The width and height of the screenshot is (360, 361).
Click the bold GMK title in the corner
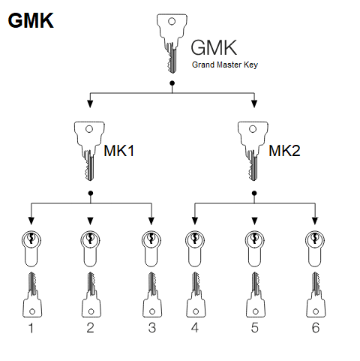coord(31,20)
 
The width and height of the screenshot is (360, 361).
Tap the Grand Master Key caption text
coord(225,65)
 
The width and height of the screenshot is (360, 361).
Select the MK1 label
coord(119,151)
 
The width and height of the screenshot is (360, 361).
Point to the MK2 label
coord(284,151)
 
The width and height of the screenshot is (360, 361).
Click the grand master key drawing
coord(172,44)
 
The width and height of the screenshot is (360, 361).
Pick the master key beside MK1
coord(89,151)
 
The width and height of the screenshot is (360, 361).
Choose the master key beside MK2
coord(253,151)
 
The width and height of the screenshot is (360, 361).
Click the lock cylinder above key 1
coord(31,248)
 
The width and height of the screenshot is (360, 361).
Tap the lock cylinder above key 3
coord(151,248)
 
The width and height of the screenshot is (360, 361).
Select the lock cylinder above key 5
coord(254,248)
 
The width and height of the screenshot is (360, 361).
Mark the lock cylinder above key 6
coord(315,248)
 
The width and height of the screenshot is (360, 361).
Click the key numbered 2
coord(91,295)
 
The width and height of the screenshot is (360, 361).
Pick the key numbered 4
coord(196,295)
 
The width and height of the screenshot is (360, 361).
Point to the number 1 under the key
coord(31,328)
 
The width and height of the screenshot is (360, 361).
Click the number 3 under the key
coord(152,328)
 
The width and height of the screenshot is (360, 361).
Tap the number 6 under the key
coord(316,328)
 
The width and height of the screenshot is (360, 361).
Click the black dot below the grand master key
coord(172,83)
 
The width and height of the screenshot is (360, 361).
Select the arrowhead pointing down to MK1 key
coord(90,104)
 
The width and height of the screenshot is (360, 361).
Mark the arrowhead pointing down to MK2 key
coord(254,104)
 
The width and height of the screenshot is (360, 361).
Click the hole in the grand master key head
coord(172,21)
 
